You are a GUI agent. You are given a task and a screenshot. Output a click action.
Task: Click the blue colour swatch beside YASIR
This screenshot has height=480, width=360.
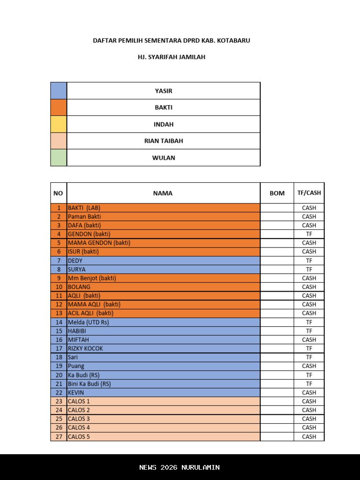click(59, 90)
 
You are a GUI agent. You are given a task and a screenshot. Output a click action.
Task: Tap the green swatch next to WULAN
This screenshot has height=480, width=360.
click(59, 157)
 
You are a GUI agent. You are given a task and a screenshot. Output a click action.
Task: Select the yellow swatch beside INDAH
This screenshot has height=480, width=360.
click(59, 124)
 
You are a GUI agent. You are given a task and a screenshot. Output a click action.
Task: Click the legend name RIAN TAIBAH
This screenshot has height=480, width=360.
click(164, 141)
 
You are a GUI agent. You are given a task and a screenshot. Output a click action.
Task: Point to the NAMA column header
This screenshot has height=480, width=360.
click(163, 193)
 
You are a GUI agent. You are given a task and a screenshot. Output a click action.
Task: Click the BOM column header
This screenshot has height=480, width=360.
click(277, 193)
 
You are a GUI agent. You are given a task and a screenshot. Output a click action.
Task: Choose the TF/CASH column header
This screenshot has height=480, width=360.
click(309, 193)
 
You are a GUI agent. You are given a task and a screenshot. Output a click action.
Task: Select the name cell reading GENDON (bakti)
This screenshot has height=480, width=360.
click(89, 234)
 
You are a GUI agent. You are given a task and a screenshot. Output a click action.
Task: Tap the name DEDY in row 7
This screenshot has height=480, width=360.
click(75, 260)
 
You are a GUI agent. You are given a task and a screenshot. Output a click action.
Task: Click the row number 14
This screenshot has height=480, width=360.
click(59, 322)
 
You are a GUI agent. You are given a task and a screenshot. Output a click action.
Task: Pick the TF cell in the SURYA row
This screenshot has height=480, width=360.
click(309, 269)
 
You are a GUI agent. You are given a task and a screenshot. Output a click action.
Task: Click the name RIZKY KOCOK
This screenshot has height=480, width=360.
click(85, 348)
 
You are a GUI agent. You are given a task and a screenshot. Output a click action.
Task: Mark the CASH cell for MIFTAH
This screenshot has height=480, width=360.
click(309, 339)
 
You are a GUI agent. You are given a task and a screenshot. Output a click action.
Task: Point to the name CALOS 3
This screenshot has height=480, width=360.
click(79, 419)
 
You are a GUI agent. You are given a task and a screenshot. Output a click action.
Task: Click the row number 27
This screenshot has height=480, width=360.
click(59, 436)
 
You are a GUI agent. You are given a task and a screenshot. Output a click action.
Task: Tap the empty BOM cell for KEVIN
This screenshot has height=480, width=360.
click(277, 392)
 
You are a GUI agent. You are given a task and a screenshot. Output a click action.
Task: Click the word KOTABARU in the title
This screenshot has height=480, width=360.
click(232, 40)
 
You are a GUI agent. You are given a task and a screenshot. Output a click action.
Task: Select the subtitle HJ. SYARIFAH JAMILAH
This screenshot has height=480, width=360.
click(172, 57)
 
